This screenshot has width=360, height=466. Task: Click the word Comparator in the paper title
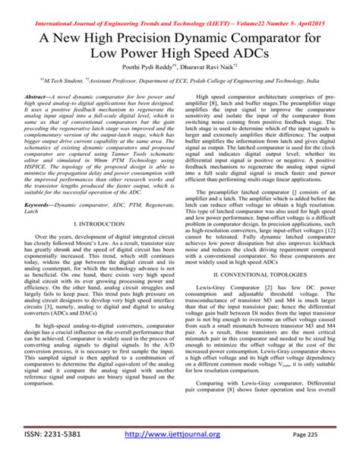pos(276,35)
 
